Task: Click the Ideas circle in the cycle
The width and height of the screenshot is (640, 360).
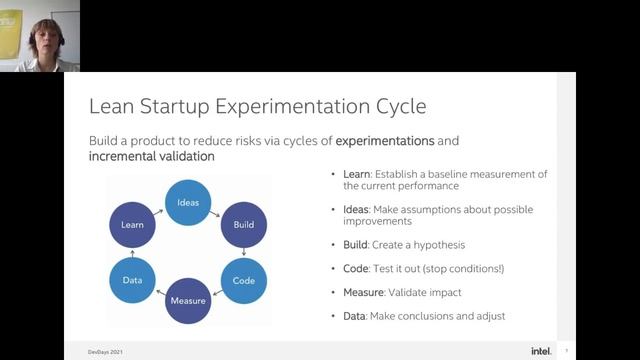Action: pyautogui.click(x=188, y=203)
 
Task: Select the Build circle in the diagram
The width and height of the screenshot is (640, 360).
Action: pyautogui.click(x=243, y=225)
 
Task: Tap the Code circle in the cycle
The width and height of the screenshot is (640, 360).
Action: pyautogui.click(x=243, y=281)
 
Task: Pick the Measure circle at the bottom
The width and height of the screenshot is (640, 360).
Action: pyautogui.click(x=188, y=301)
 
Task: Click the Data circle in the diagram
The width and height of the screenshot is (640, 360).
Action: pyautogui.click(x=132, y=281)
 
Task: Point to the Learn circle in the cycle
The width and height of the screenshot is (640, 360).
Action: pyautogui.click(x=132, y=225)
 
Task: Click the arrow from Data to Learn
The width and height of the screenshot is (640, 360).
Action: pyautogui.click(x=131, y=253)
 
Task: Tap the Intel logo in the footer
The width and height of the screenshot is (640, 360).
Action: pyautogui.click(x=541, y=350)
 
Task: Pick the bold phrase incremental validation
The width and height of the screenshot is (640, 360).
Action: pyautogui.click(x=151, y=158)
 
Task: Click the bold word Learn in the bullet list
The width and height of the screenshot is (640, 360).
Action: pyautogui.click(x=355, y=174)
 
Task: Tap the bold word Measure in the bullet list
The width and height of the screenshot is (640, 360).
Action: pyautogui.click(x=363, y=292)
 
